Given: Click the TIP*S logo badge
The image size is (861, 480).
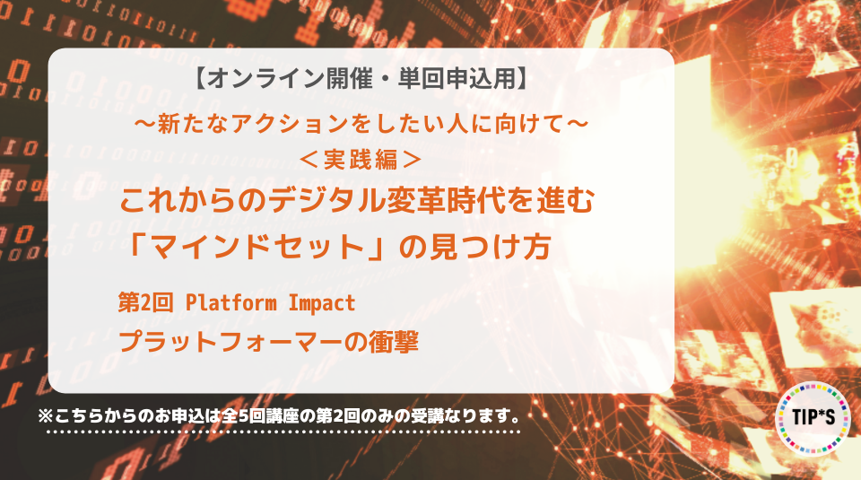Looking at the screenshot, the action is [813, 418].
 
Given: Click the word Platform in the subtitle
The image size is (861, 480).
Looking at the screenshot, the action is [231, 302].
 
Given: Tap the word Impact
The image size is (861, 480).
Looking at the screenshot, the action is [322, 303].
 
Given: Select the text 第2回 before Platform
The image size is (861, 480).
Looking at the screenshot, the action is [145, 302].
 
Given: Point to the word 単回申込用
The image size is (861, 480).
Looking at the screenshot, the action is [457, 78].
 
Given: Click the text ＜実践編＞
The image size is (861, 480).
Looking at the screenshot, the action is [361, 160].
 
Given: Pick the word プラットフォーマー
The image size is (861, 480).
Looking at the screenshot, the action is [230, 342].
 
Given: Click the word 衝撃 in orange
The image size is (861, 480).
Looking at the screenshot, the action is [393, 341].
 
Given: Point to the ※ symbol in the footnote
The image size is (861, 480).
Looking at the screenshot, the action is [45, 415].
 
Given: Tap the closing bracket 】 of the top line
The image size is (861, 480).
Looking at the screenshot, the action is [522, 78].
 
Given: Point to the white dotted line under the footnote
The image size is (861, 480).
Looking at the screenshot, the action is [283, 432].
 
